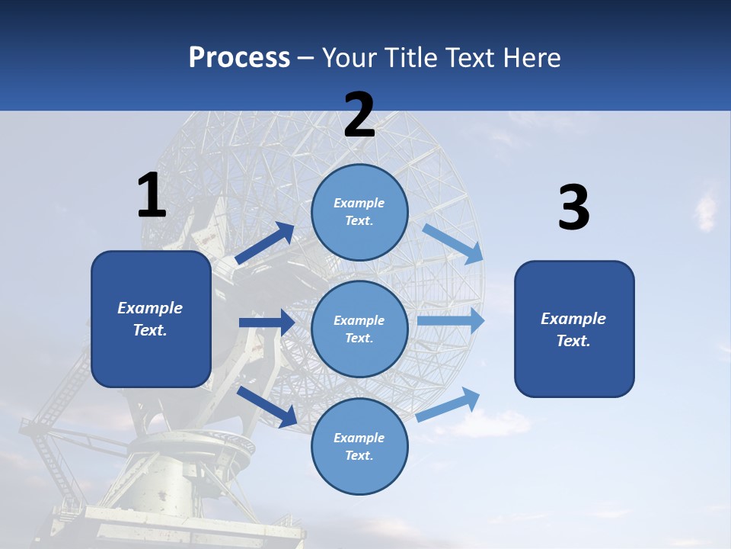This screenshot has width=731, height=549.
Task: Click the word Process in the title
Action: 239,58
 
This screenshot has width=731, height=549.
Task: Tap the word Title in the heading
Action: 410,58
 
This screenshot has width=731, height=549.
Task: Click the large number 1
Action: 152,195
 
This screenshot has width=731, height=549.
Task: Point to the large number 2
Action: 359,115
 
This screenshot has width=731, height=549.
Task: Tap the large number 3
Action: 573,207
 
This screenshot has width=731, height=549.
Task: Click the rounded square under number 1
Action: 151,319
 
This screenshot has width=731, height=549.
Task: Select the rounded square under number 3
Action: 574,329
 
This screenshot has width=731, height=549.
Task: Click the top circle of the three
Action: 359,211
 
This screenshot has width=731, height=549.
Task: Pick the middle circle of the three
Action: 359,329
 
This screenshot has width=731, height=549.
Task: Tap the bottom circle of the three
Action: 359,446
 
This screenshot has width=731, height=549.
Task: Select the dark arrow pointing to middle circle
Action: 267,322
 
